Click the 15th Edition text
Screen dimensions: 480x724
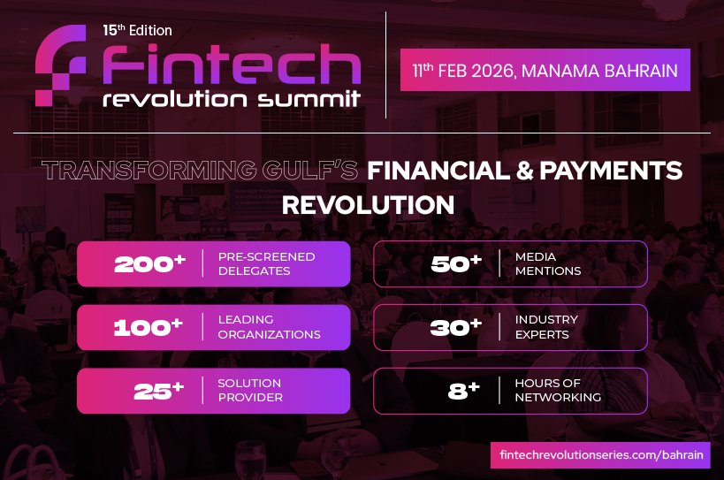tap(137, 30)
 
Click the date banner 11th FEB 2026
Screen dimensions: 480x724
tap(545, 70)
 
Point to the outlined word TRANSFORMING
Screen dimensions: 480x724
tap(154, 171)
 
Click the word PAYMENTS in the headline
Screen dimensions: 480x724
tap(607, 171)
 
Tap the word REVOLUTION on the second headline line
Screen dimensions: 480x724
tap(368, 205)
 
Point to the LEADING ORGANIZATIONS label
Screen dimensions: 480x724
tap(269, 327)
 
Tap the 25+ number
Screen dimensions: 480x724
tap(158, 391)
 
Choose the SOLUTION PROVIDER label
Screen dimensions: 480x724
tap(249, 391)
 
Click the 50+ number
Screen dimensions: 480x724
tap(456, 263)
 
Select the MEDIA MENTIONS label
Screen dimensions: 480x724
tap(547, 263)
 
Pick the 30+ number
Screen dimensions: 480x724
tap(456, 327)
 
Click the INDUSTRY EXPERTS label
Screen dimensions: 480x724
tap(546, 327)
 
